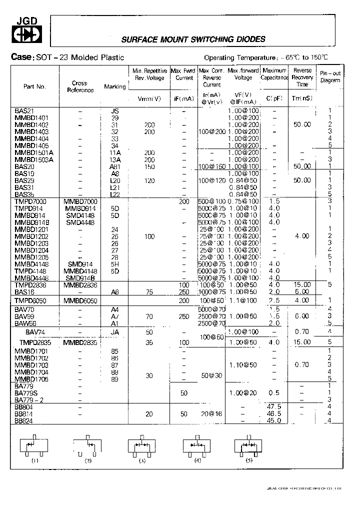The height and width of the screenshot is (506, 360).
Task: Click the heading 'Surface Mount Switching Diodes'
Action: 193,39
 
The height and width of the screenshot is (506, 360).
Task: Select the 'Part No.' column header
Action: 34,86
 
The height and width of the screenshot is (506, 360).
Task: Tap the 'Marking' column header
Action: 115,87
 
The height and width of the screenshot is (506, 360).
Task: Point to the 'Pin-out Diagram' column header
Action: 330,76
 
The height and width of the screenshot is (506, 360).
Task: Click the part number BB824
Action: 23,421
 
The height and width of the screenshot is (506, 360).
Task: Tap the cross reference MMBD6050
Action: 80,300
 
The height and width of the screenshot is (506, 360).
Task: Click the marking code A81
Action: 115,166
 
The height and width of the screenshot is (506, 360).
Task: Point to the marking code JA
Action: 114,332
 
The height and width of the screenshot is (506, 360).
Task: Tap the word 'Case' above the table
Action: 21,57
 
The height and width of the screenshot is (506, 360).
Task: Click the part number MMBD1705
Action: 32,379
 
